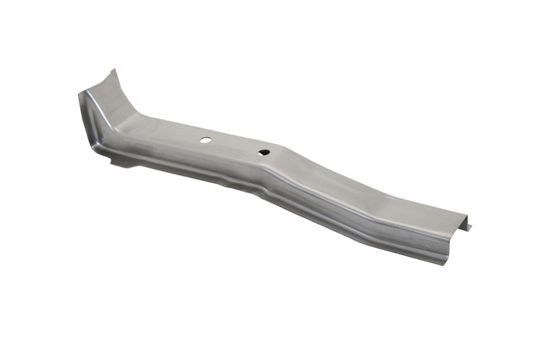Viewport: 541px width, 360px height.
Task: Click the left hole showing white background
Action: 205,139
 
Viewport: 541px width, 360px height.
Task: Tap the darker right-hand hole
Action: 264,152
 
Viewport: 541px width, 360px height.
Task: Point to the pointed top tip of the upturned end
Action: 113,70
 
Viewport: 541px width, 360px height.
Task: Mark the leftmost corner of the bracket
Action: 79,94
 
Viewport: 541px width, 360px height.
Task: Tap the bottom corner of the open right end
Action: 445,263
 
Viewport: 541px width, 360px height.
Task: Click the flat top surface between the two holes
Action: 234,145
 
